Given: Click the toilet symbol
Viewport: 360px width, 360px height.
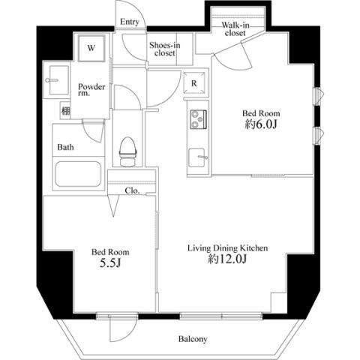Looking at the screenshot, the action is click(x=128, y=151).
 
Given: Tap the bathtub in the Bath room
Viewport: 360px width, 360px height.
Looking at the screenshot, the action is click(x=78, y=174).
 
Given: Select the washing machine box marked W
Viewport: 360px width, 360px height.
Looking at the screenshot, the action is click(x=91, y=48).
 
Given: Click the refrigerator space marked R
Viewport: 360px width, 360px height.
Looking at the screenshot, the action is click(x=194, y=83).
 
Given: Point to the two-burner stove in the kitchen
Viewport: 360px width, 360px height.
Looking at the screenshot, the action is click(x=198, y=119).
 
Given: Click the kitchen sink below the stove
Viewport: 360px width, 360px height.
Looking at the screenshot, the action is click(x=197, y=157).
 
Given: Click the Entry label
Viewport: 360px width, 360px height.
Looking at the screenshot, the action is click(x=130, y=22).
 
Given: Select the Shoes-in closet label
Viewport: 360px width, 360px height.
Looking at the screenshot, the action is click(x=165, y=49).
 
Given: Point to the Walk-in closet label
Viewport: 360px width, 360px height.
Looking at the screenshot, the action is click(x=235, y=29).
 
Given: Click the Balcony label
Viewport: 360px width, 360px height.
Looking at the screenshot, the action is click(x=193, y=339).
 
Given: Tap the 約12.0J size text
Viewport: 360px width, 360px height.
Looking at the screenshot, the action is click(x=227, y=259).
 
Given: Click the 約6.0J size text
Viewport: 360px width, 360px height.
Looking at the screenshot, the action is click(x=261, y=124).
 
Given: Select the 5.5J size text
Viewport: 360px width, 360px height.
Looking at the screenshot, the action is click(x=110, y=262).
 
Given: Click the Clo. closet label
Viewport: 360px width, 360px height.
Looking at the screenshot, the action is click(x=132, y=190).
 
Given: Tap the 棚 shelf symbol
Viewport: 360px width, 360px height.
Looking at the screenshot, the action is click(x=65, y=110).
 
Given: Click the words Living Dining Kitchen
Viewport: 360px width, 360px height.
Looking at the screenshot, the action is click(x=228, y=248).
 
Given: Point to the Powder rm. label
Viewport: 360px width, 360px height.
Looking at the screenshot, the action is click(x=91, y=90).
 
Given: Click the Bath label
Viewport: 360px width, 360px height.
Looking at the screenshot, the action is click(x=65, y=147).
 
